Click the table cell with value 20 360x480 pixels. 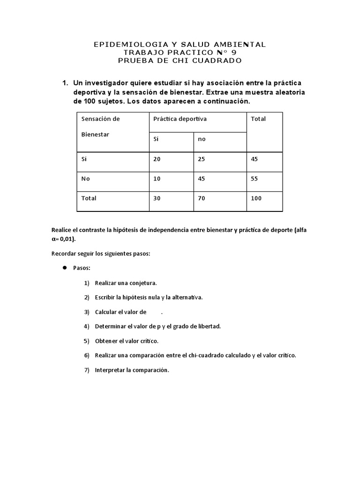(x=157, y=159)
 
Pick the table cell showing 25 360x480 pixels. (x=202, y=159)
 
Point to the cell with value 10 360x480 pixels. (x=157, y=179)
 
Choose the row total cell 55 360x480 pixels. (x=255, y=179)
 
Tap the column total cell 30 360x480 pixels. (x=157, y=198)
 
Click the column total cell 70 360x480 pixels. (x=202, y=198)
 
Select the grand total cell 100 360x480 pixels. (x=256, y=198)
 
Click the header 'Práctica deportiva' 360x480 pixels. (x=180, y=119)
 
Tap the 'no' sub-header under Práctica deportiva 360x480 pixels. (x=202, y=139)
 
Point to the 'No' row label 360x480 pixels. (x=85, y=179)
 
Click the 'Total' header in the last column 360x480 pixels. (x=258, y=119)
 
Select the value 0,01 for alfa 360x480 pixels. (x=66, y=239)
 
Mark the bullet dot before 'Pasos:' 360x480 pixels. (x=64, y=268)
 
